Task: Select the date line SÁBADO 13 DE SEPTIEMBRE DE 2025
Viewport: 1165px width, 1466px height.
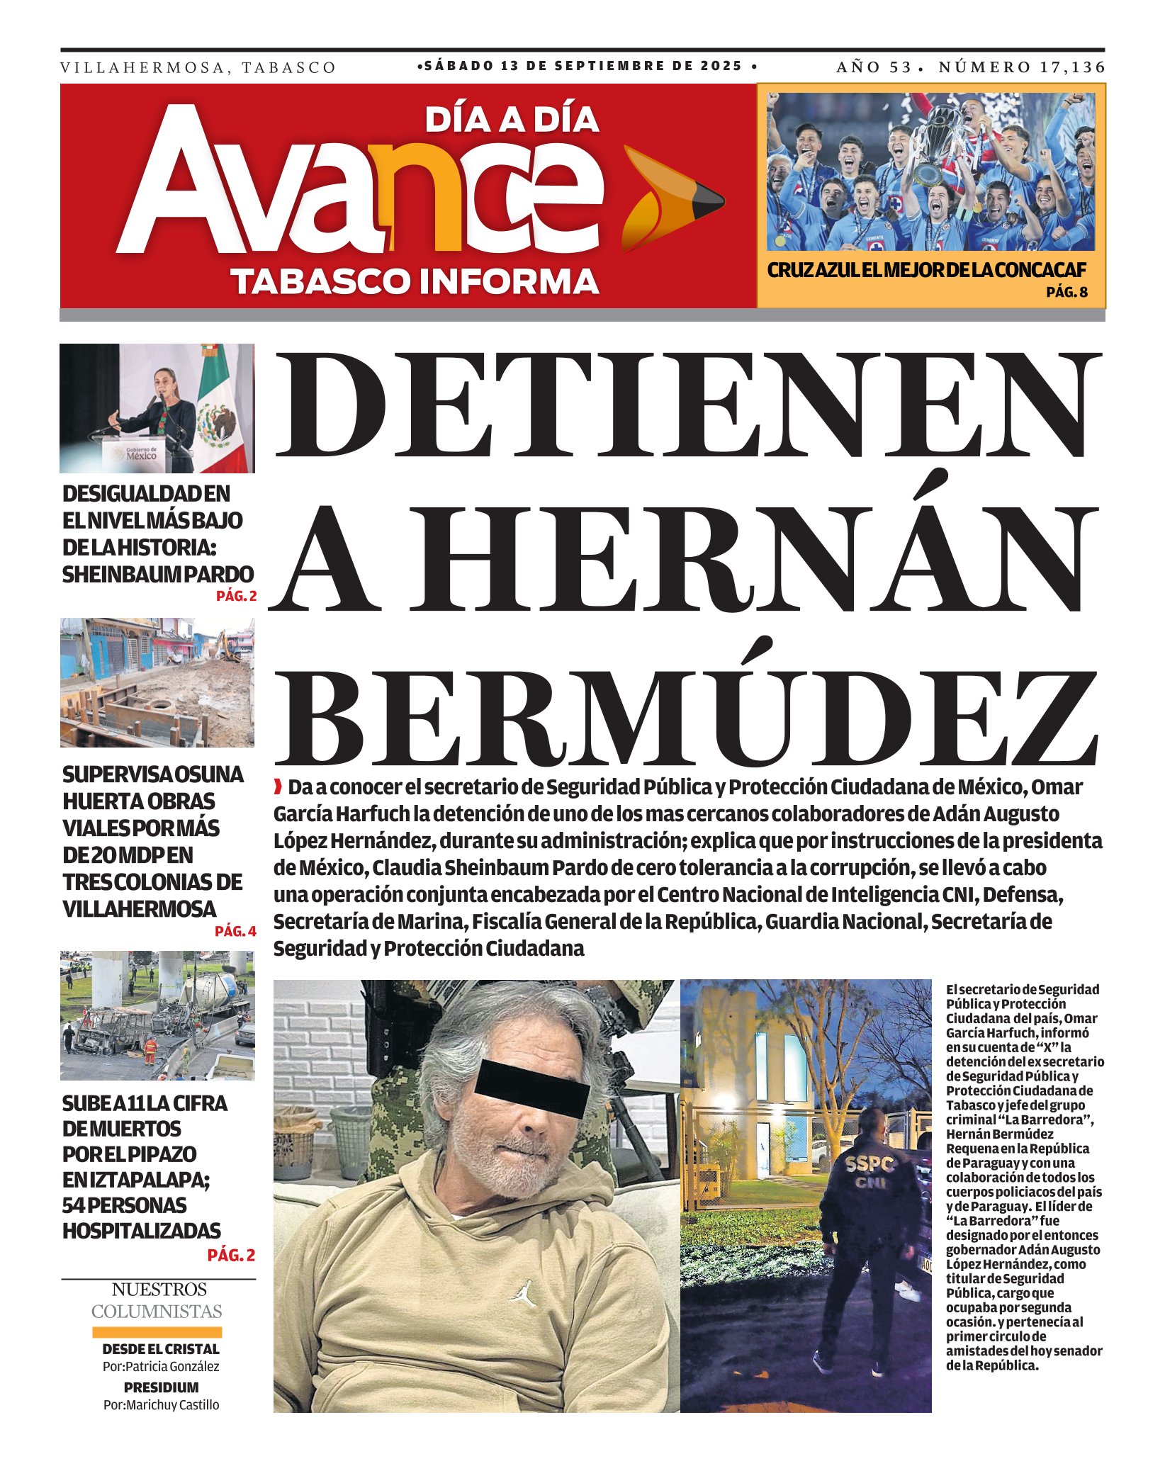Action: (x=587, y=66)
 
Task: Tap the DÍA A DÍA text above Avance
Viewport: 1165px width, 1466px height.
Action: (x=512, y=120)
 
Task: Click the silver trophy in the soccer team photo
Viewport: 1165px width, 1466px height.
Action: (x=935, y=145)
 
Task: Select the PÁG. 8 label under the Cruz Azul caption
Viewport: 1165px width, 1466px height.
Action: (x=1066, y=291)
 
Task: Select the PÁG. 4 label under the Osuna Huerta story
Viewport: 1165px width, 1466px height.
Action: (x=235, y=931)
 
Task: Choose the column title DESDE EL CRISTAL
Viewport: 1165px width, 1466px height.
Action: (x=161, y=1349)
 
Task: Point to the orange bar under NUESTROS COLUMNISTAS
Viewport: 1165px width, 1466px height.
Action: (x=157, y=1331)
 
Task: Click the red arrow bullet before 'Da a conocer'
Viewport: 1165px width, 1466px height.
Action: (x=278, y=786)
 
